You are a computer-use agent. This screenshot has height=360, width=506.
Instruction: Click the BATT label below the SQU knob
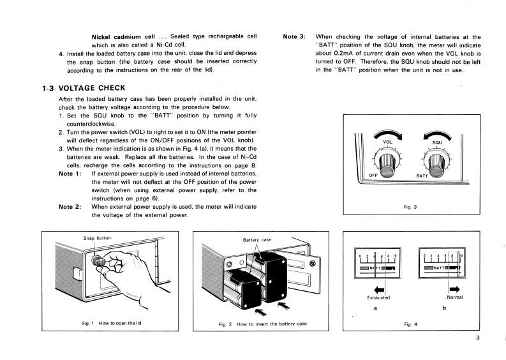[x=422, y=175]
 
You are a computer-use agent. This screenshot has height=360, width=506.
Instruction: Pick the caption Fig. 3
[x=411, y=207]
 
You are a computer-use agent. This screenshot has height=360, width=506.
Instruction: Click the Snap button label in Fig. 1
[x=98, y=238]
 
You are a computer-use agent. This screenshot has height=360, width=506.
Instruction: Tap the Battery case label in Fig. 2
[x=258, y=240]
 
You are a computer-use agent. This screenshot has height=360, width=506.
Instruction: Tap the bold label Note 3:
[x=295, y=37]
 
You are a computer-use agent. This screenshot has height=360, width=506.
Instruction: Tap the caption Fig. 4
[x=411, y=324]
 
